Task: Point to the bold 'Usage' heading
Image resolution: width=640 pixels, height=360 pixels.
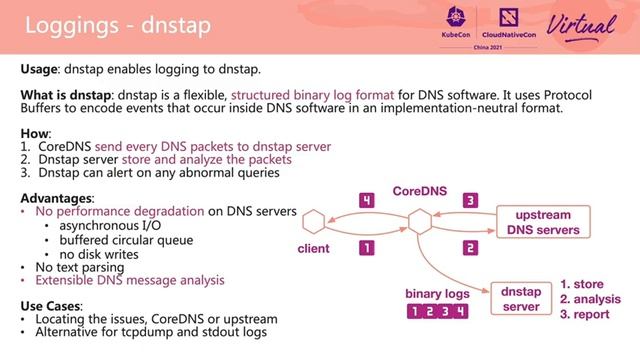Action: [41, 70]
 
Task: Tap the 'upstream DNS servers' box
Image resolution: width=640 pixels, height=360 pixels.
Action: [539, 222]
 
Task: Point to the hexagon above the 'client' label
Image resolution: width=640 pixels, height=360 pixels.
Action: [316, 221]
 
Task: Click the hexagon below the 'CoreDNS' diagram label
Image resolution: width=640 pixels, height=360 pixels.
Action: [418, 220]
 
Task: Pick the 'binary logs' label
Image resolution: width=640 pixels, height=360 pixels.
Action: [437, 294]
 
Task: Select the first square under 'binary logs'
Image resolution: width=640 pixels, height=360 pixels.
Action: [414, 313]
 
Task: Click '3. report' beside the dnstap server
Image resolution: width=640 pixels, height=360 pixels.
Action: [590, 314]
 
